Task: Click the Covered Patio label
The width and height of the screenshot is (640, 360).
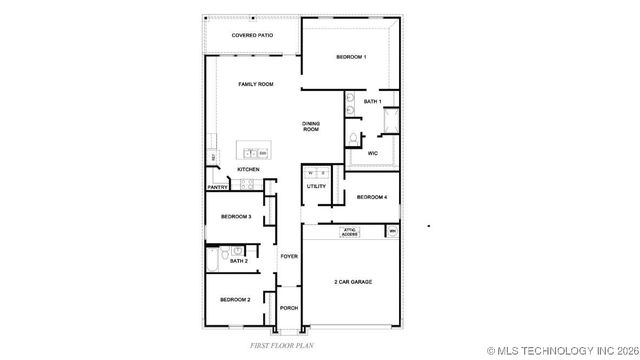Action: (x=252, y=35)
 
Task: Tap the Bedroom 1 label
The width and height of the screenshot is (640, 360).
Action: (x=351, y=57)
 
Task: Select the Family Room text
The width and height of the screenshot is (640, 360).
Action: (x=255, y=84)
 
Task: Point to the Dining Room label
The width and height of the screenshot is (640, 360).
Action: (x=311, y=126)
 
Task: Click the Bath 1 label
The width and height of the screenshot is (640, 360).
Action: (x=373, y=101)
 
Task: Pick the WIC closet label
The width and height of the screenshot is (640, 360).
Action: (x=372, y=153)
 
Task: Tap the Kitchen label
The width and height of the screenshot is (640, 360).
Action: (x=248, y=170)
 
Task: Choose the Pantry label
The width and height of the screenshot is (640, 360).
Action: (x=217, y=187)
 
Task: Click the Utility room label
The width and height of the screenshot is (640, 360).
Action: (x=316, y=187)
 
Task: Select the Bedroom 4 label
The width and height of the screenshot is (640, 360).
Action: (x=372, y=197)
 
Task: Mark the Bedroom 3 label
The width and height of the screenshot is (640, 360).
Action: (x=236, y=216)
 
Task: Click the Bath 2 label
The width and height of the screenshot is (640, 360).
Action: (x=238, y=261)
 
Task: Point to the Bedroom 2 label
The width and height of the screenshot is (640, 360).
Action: (x=235, y=299)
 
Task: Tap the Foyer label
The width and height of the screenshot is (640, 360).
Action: (x=289, y=257)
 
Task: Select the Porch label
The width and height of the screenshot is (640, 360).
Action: (x=289, y=308)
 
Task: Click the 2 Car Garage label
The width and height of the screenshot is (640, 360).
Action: (x=353, y=282)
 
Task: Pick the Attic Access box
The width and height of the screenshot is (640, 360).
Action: (x=351, y=231)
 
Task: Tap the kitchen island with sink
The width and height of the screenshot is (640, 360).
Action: (x=254, y=152)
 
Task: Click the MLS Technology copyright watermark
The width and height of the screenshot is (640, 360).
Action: (x=563, y=351)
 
